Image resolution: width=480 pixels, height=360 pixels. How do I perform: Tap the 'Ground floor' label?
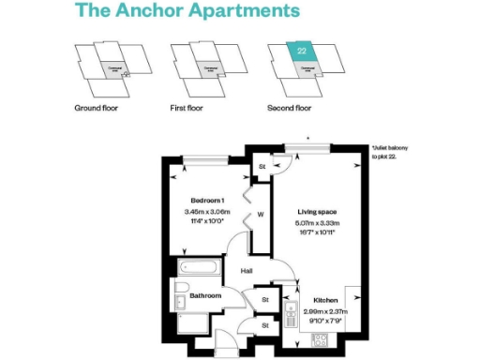click(x=97, y=108)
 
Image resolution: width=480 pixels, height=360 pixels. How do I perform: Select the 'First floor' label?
click(x=187, y=108)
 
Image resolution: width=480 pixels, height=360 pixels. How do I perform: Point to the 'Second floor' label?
click(x=290, y=108)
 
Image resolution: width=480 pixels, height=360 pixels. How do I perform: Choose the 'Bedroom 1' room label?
click(x=208, y=202)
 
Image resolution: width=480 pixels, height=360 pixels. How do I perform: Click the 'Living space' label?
click(x=318, y=212)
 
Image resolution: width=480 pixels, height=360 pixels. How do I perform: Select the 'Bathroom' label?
click(x=205, y=296)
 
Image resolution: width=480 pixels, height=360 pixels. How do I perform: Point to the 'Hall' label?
click(x=247, y=271)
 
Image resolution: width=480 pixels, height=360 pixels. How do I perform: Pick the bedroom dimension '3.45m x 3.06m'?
click(x=208, y=213)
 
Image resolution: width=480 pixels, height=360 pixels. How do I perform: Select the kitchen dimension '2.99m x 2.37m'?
click(x=325, y=312)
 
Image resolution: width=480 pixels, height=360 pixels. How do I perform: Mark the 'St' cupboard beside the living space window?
click(x=262, y=168)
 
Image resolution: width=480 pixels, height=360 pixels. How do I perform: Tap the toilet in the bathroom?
click(x=179, y=302)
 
